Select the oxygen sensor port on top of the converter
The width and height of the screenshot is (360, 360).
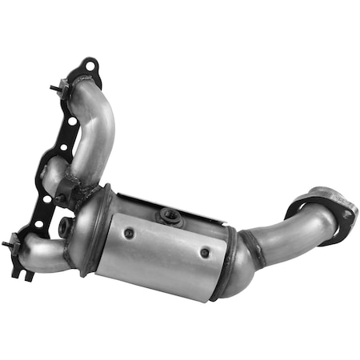tap(170, 214)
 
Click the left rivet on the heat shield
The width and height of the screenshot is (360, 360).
tap(129, 233)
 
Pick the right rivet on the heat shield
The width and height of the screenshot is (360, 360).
tap(205, 253)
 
